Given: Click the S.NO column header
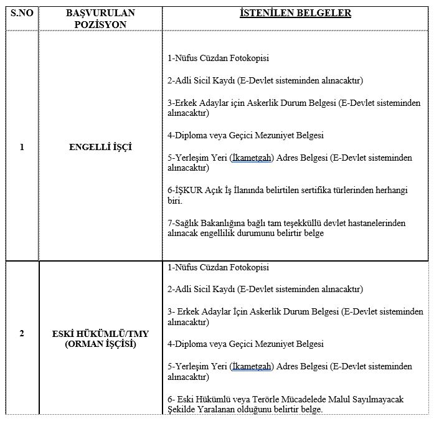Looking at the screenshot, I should coord(21,12).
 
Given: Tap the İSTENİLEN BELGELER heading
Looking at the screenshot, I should coord(295,12).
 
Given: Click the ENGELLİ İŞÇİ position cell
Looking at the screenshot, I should coord(100,147).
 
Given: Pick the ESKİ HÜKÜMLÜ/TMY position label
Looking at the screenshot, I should coord(100,333).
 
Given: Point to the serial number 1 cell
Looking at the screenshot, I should coord(22,147).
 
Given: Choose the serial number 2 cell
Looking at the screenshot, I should coord(22,333).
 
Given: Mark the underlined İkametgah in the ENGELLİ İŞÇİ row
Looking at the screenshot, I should coord(252,158).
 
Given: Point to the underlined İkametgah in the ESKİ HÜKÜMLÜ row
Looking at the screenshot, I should coord(252,366).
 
